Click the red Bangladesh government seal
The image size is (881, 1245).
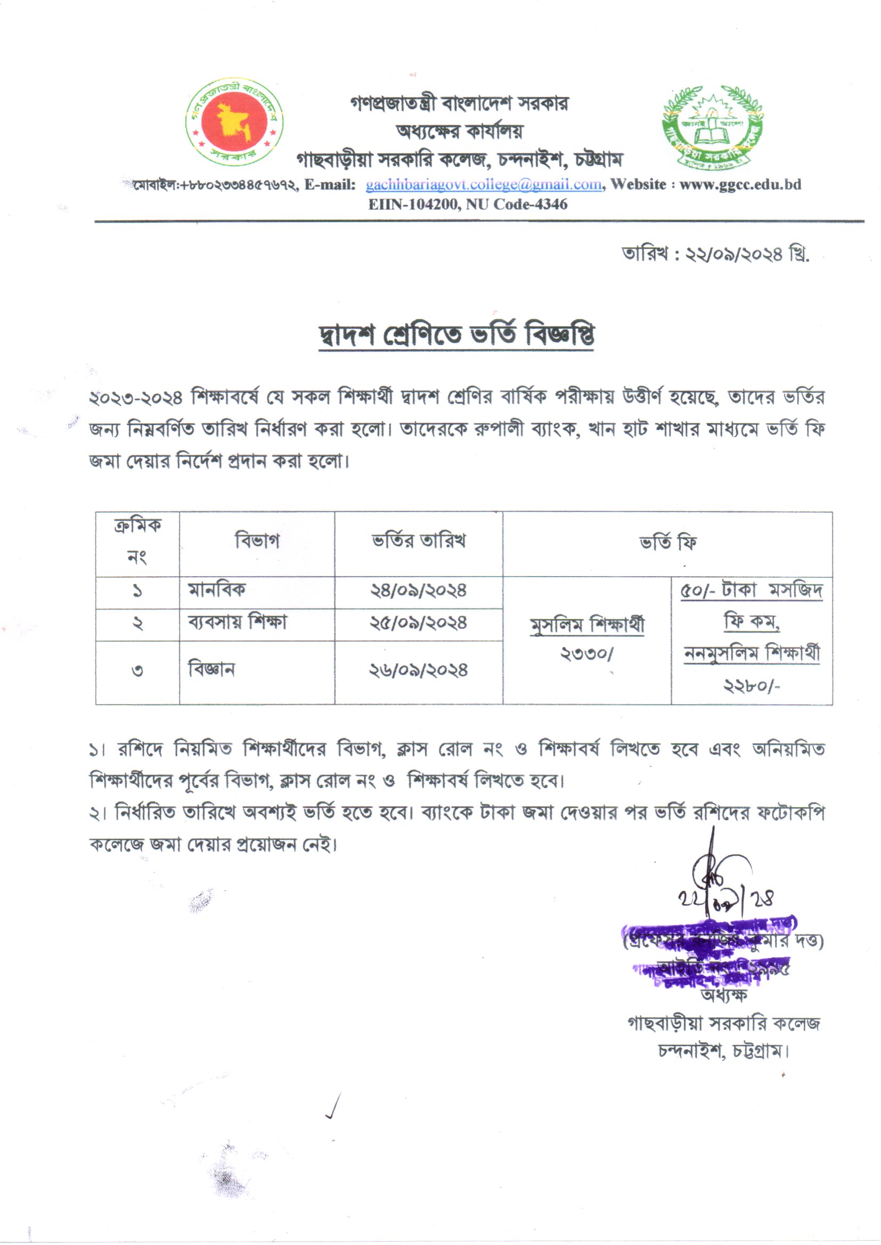coord(234,121)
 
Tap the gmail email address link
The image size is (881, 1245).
coord(483,185)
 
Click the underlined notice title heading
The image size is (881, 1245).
coord(456,334)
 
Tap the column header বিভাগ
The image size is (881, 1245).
coord(257,540)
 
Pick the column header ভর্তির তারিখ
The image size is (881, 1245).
coord(418,540)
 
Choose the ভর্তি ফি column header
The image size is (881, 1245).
coord(667,542)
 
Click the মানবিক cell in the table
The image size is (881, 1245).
coord(216,589)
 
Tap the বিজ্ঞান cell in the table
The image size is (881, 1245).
coord(211,670)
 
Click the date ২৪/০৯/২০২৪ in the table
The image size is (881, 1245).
coord(418,591)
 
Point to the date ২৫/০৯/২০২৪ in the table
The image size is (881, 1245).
coord(418,623)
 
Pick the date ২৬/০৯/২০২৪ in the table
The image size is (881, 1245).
coord(418,671)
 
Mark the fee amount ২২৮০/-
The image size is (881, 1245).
coord(752,686)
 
